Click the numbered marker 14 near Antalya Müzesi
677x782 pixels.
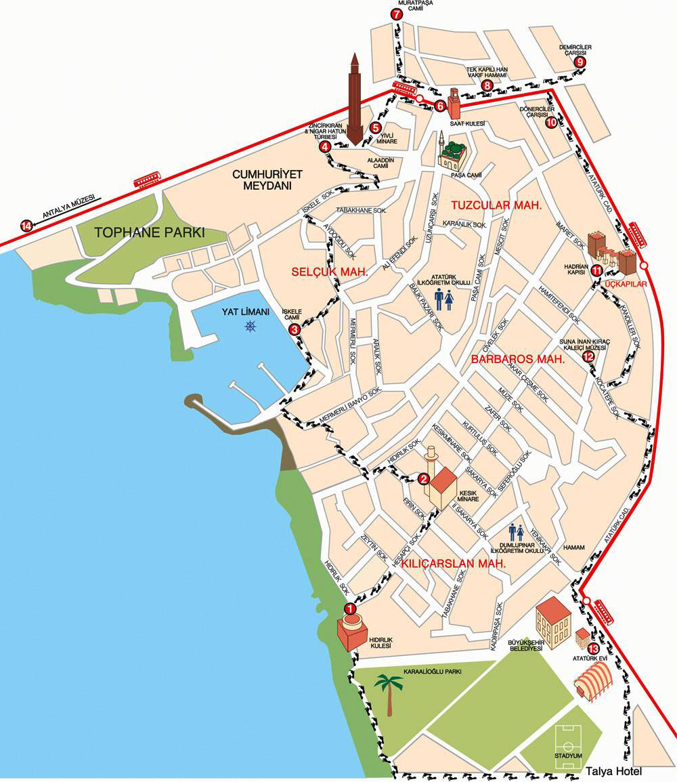coord(26,226)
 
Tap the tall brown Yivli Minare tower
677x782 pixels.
coord(354,102)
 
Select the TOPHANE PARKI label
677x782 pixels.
coord(150,232)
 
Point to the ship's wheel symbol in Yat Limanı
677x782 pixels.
coord(251,327)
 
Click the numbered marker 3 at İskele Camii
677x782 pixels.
coord(294,329)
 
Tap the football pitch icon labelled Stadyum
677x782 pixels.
coord(569,747)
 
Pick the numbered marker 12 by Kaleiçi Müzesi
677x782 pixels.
coord(588,356)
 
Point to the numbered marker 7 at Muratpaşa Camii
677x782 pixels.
coord(396,14)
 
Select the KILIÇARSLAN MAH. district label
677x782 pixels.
coord(454,564)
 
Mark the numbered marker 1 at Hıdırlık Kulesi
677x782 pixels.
coord(350,609)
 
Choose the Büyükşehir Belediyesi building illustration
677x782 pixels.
coord(553,621)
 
